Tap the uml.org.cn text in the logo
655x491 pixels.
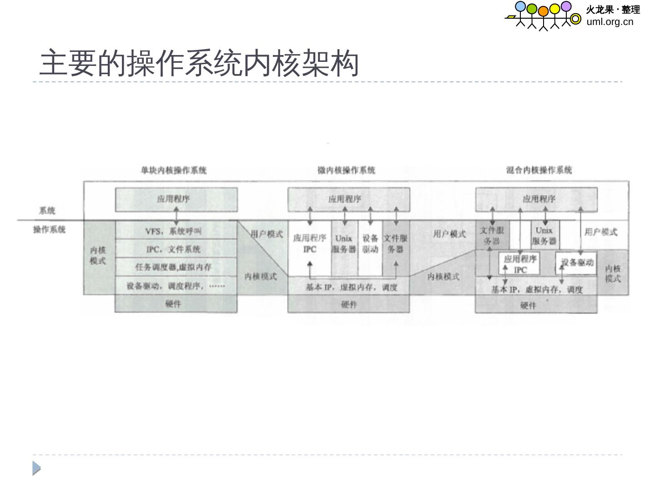(610, 21)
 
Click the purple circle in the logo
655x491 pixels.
(566, 6)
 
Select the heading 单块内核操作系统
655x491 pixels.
(173, 170)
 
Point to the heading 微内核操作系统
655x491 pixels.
(346, 170)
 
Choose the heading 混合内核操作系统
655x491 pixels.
(539, 170)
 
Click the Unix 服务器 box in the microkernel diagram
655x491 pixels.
(344, 244)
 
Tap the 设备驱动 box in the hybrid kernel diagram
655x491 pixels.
(576, 263)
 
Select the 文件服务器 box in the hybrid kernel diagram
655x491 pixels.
(492, 235)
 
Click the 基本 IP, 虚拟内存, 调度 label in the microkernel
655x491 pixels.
(351, 287)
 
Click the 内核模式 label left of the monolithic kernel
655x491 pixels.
(98, 256)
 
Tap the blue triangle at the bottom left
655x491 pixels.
(36, 468)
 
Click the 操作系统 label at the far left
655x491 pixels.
(49, 229)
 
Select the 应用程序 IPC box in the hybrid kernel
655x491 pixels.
(520, 264)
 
